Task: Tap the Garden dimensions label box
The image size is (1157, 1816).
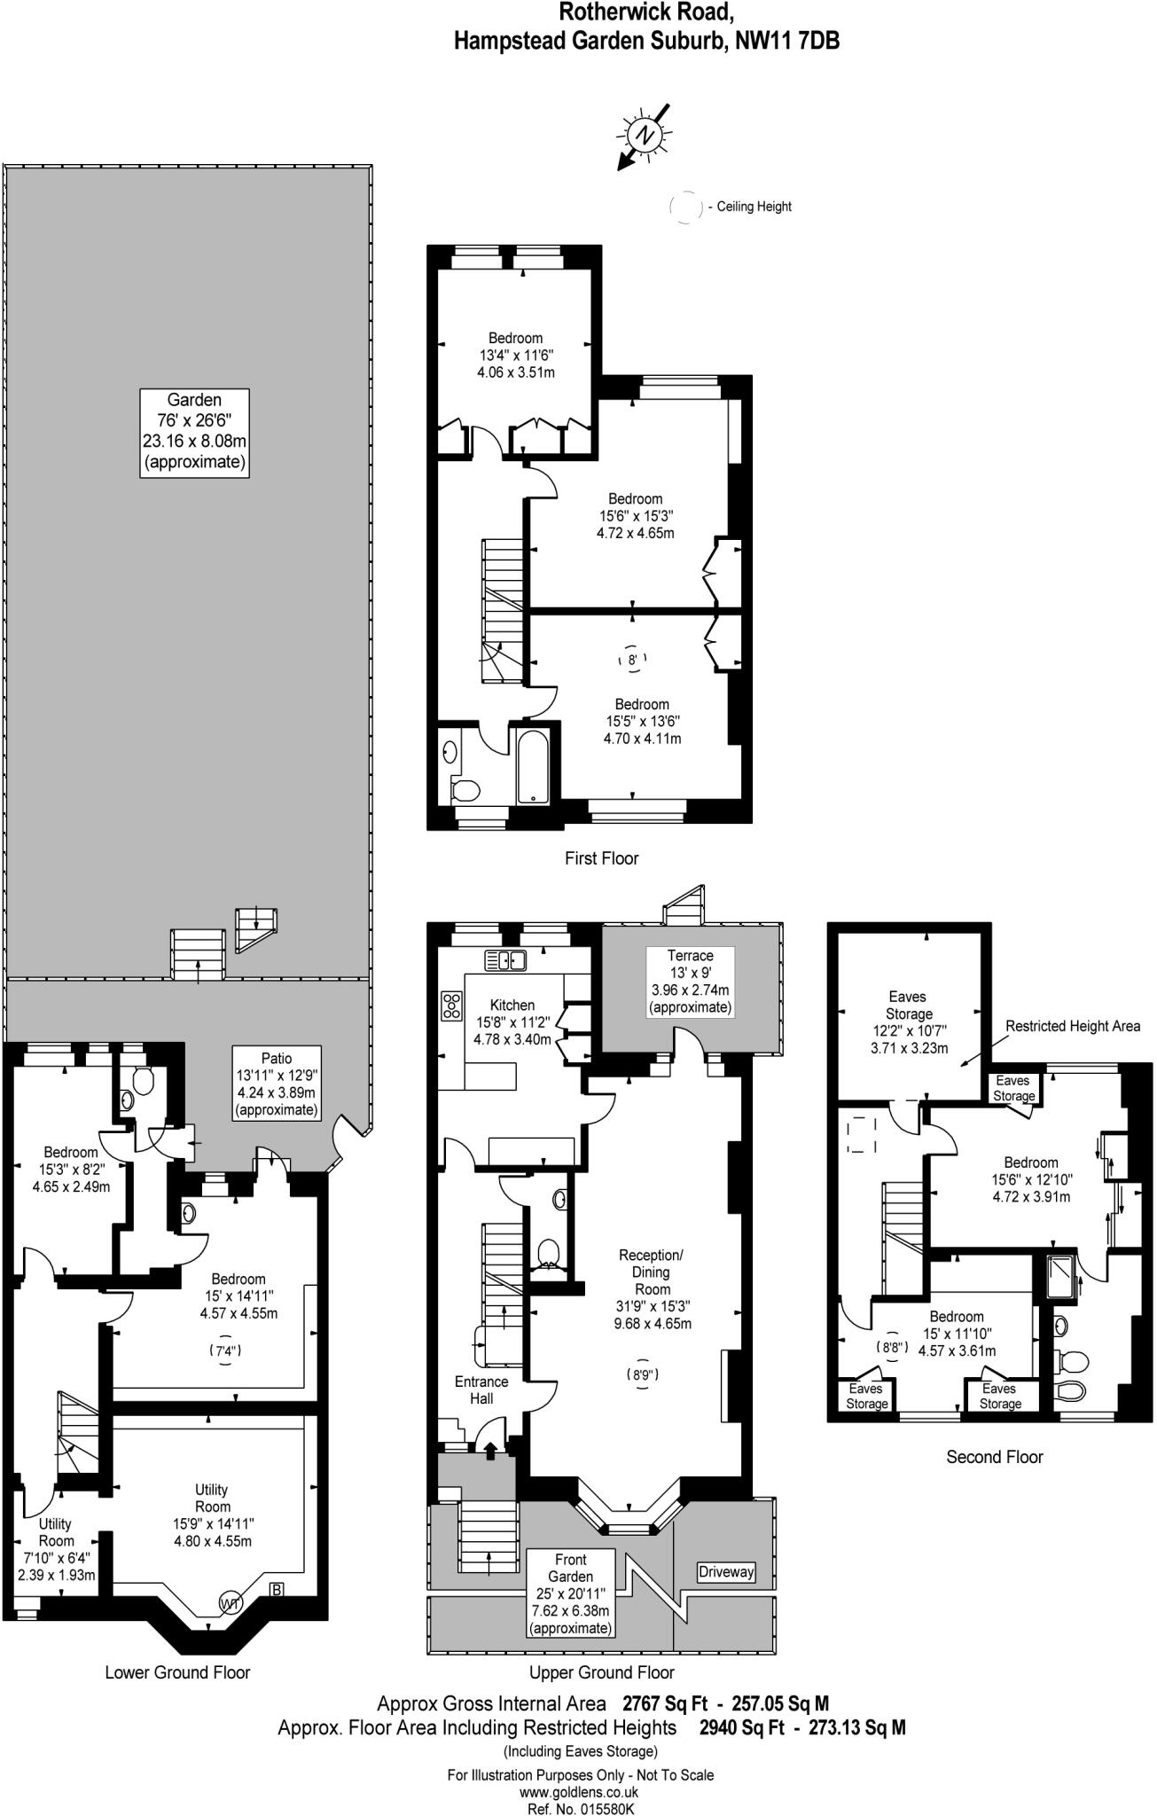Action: [x=194, y=433]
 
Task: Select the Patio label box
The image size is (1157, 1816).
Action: [x=276, y=1084]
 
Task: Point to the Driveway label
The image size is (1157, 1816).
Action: [x=725, y=1571]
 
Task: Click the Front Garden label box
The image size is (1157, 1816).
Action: [x=571, y=1593]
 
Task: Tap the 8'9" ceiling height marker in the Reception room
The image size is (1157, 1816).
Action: [x=643, y=1375]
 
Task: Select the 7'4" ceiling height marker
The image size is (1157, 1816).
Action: [x=226, y=1351]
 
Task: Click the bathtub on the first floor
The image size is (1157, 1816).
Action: [x=534, y=766]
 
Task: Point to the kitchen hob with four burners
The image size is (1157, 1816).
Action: [x=452, y=1004]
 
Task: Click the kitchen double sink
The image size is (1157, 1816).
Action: [x=505, y=959]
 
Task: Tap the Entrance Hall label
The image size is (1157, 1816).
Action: [x=481, y=1389]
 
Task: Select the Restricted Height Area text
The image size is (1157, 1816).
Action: [x=1073, y=1026]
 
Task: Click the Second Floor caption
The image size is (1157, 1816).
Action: [x=994, y=1457]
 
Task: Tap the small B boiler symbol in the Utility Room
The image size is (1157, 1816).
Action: [x=276, y=1590]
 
